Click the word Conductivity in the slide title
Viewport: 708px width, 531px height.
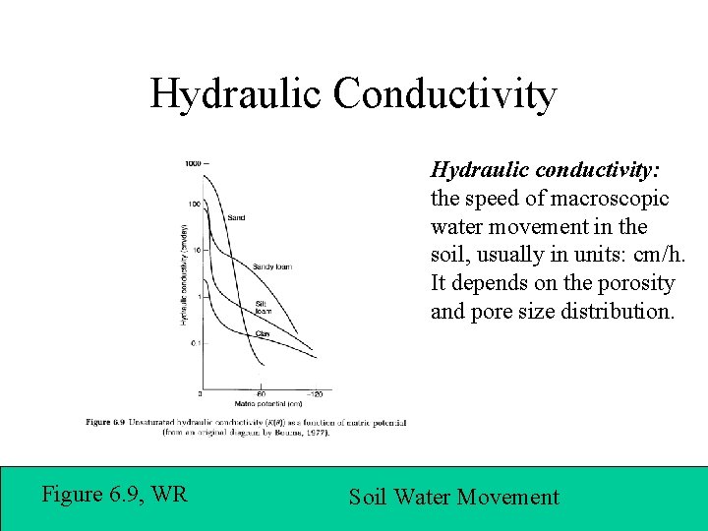pos(444,94)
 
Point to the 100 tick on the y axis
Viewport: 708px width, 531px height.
pos(194,204)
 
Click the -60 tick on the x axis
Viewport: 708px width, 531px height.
pos(260,393)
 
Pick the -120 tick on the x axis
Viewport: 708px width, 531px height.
pos(312,393)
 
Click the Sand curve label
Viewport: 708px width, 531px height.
pos(236,217)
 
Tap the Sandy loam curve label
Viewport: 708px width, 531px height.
pos(272,266)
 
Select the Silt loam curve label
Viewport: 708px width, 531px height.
pos(263,307)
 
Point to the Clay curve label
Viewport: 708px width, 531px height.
pos(263,334)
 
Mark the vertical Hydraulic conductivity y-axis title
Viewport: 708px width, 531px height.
pos(183,275)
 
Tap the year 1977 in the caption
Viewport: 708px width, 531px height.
pos(313,431)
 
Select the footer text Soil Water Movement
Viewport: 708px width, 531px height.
pos(453,498)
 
